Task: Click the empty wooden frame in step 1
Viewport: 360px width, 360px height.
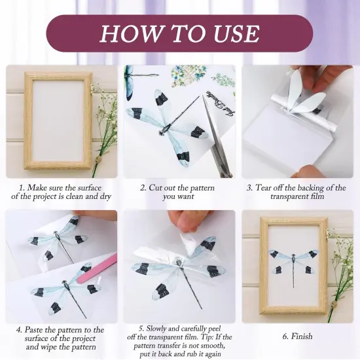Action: coord(58,120)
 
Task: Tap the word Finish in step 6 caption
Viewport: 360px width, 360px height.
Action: coord(297,336)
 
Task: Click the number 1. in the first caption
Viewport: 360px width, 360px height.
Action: coord(23,187)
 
